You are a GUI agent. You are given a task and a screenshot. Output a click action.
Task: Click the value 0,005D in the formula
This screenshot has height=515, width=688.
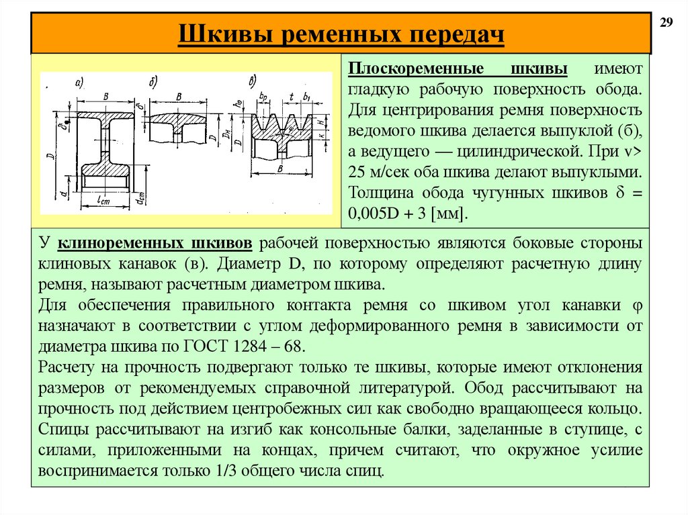pyautogui.click(x=376, y=213)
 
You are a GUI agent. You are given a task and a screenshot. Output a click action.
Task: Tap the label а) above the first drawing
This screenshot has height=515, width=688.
pyautogui.click(x=79, y=83)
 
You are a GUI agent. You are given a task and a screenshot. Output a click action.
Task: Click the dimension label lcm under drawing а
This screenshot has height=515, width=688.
pyautogui.click(x=103, y=199)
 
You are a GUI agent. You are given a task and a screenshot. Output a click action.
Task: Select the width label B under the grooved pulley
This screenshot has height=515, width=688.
pyautogui.click(x=279, y=169)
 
